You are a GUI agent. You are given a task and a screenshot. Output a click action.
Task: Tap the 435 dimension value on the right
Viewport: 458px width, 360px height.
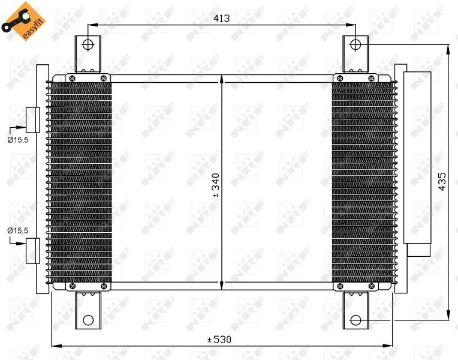click(x=442, y=182)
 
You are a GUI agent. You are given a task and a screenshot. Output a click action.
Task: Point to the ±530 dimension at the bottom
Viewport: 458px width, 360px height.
click(x=219, y=340)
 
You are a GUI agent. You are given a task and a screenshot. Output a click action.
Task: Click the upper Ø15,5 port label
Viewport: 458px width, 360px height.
click(x=17, y=139)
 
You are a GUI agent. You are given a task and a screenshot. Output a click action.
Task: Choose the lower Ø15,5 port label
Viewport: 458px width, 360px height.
click(x=17, y=230)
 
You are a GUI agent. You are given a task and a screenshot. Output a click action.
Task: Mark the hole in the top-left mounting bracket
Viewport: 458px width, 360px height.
click(x=88, y=44)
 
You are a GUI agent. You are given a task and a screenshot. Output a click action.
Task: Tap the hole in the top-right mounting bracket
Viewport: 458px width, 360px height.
click(x=355, y=44)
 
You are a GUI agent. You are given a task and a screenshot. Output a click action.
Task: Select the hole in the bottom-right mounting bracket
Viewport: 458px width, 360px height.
click(x=355, y=319)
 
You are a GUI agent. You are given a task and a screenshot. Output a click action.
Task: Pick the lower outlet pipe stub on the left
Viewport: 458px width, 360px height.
click(x=32, y=250)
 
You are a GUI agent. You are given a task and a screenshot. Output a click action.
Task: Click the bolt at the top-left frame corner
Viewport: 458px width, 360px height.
click(x=72, y=78)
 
